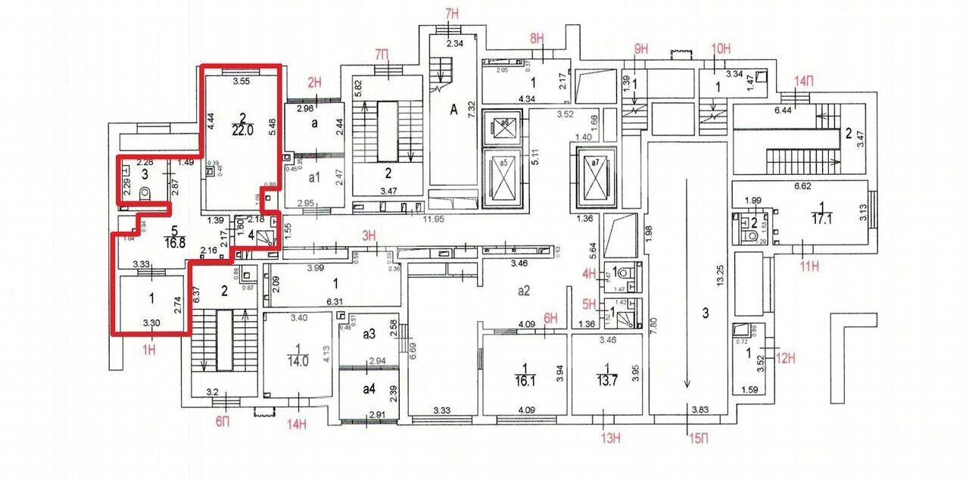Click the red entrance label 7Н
[x=453, y=14]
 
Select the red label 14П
[x=802, y=81]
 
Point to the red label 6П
[x=222, y=421]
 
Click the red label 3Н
[x=369, y=236]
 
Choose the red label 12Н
[x=788, y=357]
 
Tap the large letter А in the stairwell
[x=454, y=109]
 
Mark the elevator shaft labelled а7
[x=594, y=164]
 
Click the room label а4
[x=369, y=389]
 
